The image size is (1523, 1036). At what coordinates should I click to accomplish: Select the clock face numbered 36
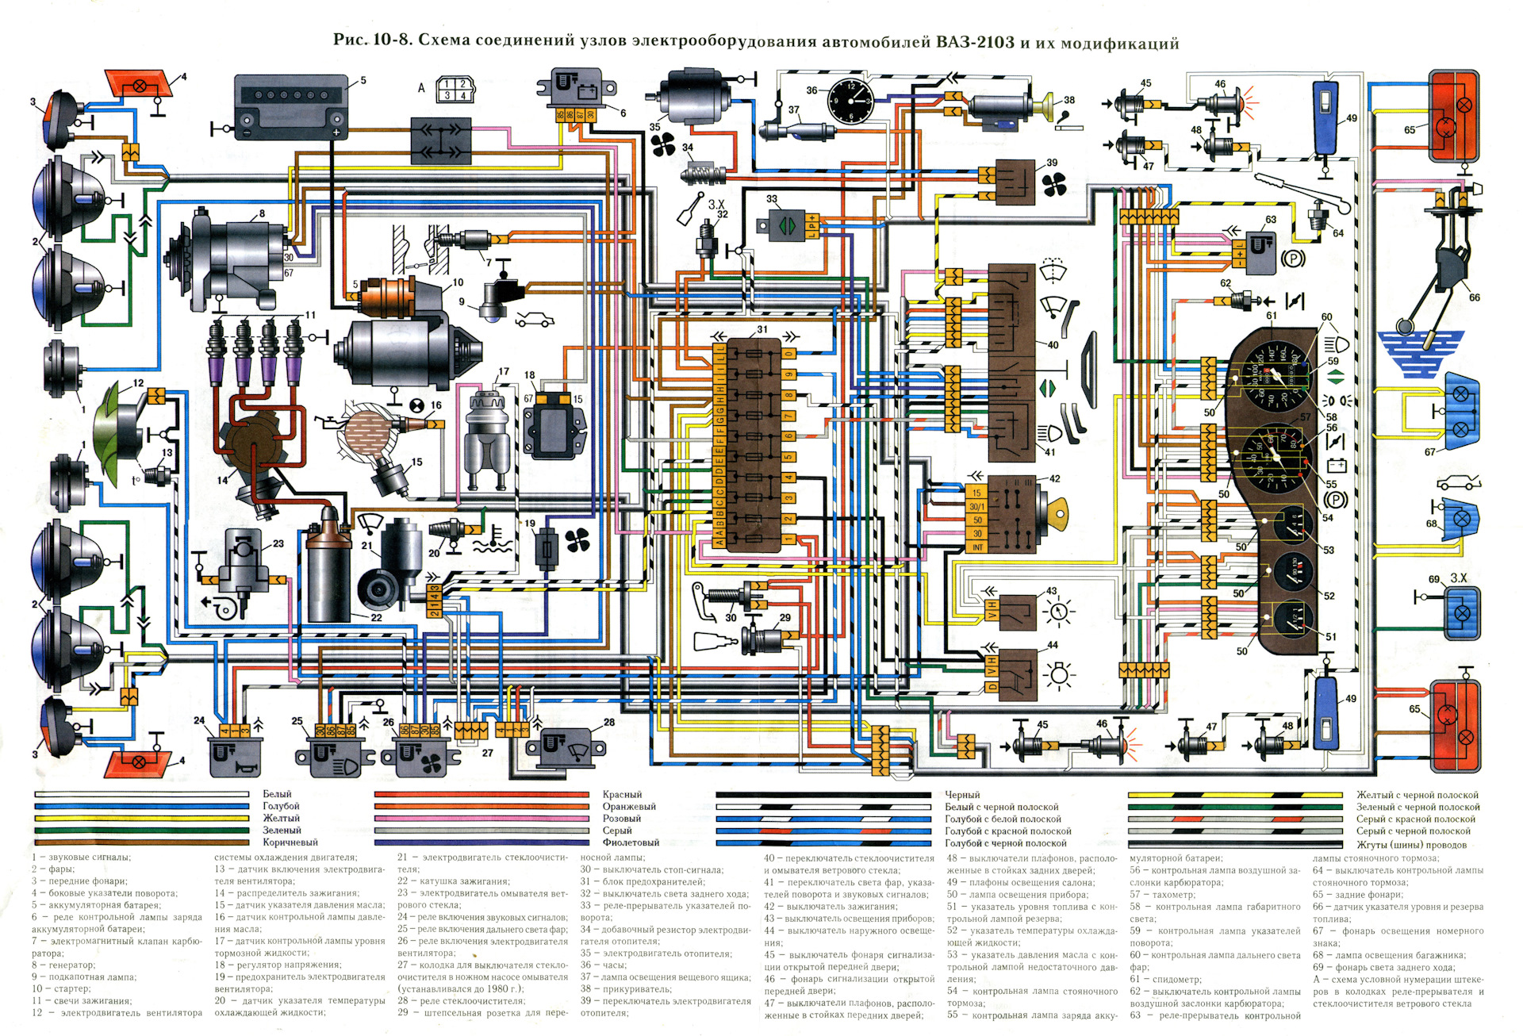(x=850, y=102)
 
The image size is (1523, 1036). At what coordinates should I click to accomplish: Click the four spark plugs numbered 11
(x=255, y=349)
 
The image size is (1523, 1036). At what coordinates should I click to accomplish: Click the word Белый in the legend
(x=277, y=794)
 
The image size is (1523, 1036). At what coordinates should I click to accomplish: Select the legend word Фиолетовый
(x=631, y=842)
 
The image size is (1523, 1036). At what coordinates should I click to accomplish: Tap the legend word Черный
(x=962, y=795)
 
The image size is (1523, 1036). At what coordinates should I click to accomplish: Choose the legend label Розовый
(x=621, y=819)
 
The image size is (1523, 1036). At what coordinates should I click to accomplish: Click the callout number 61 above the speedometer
(x=1272, y=316)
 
